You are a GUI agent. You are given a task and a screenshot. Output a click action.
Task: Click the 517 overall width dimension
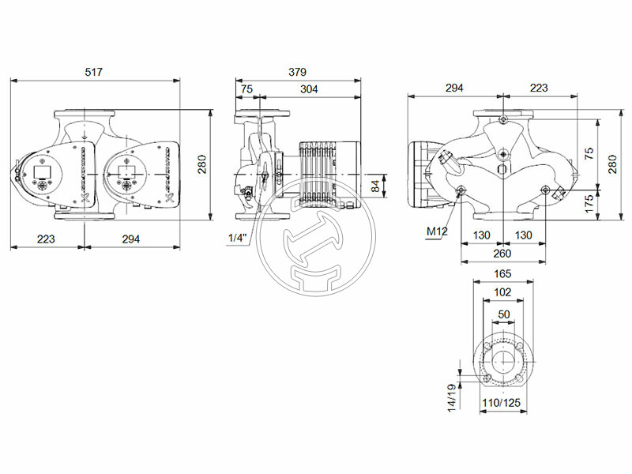pos(95,72)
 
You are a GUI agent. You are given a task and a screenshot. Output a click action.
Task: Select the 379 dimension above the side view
pos(297,72)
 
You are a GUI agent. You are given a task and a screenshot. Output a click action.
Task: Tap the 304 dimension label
pos(309,90)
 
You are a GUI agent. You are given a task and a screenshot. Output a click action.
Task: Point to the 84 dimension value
pos(376,186)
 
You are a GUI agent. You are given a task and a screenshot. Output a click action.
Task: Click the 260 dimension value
pos(502,254)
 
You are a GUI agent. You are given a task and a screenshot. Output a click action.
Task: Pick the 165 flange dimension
pos(502,274)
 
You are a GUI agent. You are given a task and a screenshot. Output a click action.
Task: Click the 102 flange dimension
pos(502,292)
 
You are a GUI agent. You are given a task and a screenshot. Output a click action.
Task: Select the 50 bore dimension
pos(503,314)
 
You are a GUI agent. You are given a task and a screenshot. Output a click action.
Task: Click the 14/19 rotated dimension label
pos(451,397)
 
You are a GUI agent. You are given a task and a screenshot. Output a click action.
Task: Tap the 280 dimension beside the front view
pos(202,164)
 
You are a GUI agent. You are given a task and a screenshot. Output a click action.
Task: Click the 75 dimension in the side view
pos(246,90)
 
